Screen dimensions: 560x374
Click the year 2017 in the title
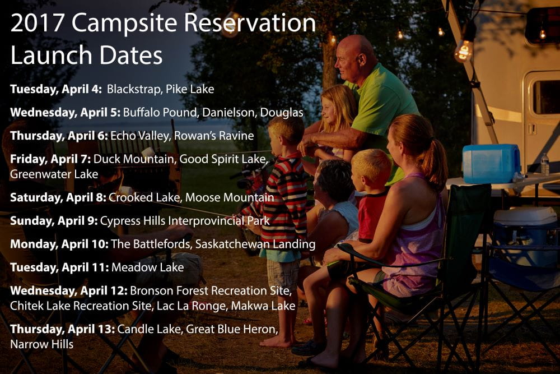[37, 23]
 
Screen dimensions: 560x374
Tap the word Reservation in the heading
[250, 23]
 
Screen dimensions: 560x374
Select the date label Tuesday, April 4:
[56, 89]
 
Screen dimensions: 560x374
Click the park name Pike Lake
[190, 89]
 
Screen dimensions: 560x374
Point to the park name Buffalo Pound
[160, 112]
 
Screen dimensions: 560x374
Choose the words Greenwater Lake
[54, 174]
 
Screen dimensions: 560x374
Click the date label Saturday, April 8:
[58, 197]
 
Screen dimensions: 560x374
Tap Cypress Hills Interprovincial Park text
[185, 220]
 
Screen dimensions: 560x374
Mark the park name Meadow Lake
[147, 267]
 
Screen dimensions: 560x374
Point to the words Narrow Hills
[42, 344]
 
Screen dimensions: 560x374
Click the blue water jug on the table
[492, 163]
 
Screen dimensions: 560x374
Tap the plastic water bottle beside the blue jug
[545, 164]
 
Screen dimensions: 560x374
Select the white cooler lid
[520, 216]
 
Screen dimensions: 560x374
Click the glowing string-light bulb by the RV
[463, 51]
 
